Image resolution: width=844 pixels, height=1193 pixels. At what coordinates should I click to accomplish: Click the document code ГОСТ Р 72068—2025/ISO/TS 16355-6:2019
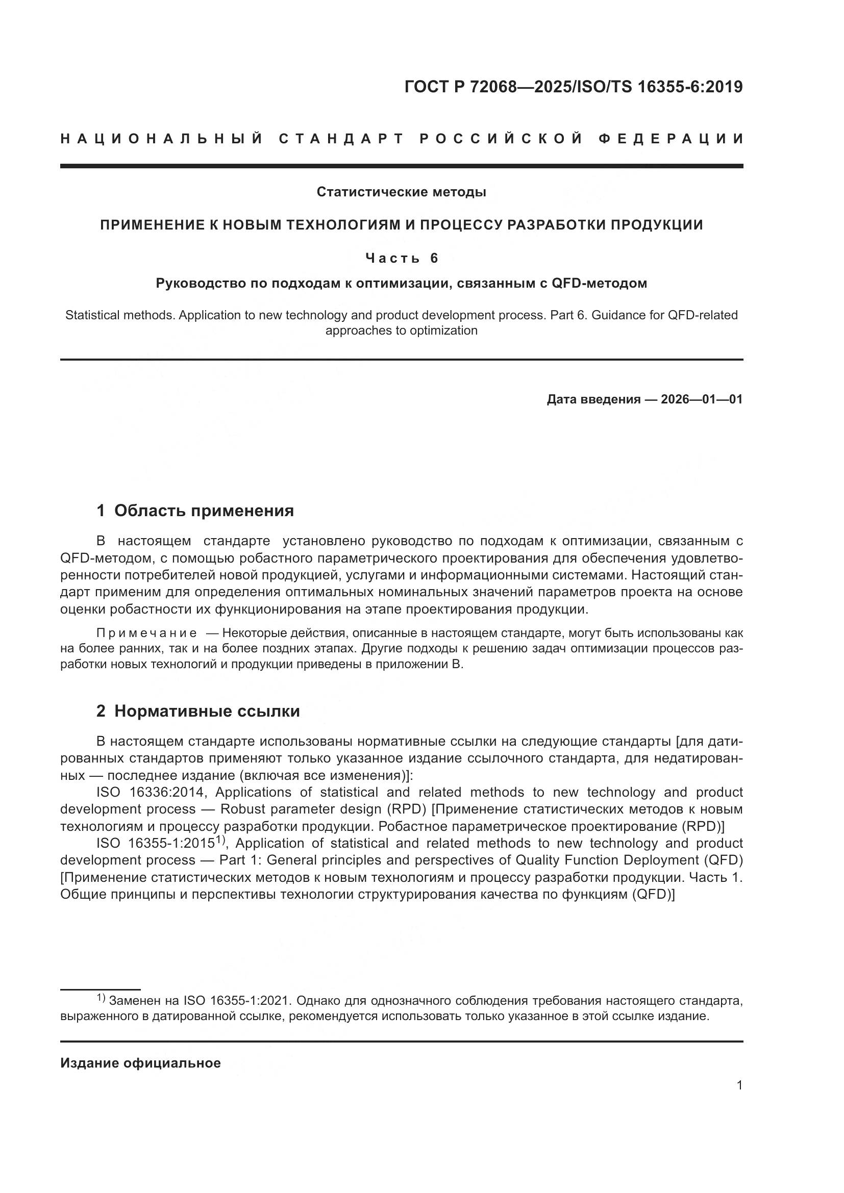[x=573, y=87]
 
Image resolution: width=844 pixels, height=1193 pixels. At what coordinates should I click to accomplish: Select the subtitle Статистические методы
[x=401, y=192]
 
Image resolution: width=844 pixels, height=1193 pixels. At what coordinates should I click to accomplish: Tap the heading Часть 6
[x=401, y=258]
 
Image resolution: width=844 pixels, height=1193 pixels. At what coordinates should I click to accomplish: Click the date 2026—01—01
[x=702, y=399]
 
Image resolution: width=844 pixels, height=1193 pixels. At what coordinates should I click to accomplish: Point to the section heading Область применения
[x=204, y=511]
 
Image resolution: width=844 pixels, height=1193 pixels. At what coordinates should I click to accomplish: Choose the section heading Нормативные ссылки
[x=207, y=711]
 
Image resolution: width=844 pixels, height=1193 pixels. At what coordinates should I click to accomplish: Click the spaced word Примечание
[x=146, y=633]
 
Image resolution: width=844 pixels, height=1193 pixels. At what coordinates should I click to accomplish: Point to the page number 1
[x=739, y=1085]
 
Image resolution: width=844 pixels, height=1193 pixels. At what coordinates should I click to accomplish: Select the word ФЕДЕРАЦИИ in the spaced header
[x=671, y=139]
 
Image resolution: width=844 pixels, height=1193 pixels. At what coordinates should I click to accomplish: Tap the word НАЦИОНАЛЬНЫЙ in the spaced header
[x=162, y=139]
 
